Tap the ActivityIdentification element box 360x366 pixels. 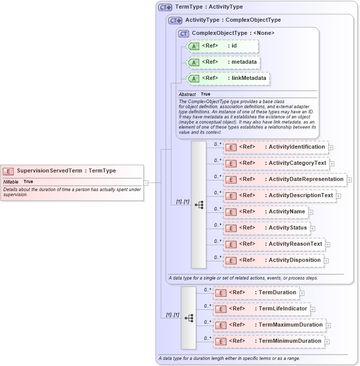coord(276,147)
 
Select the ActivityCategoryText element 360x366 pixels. coord(276,163)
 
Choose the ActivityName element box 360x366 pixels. coord(265,212)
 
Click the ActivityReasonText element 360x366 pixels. coord(274,244)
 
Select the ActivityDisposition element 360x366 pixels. coord(273,260)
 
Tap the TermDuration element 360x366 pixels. coord(256,292)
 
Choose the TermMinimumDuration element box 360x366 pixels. coord(268,341)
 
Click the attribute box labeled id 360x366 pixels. coord(222,46)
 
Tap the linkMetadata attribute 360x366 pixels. coord(228,78)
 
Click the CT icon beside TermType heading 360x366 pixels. coord(165,7)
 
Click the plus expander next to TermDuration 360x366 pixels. coord(302,293)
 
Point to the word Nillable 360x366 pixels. coord(11,181)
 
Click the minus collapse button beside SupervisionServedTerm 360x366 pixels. coord(146,183)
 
